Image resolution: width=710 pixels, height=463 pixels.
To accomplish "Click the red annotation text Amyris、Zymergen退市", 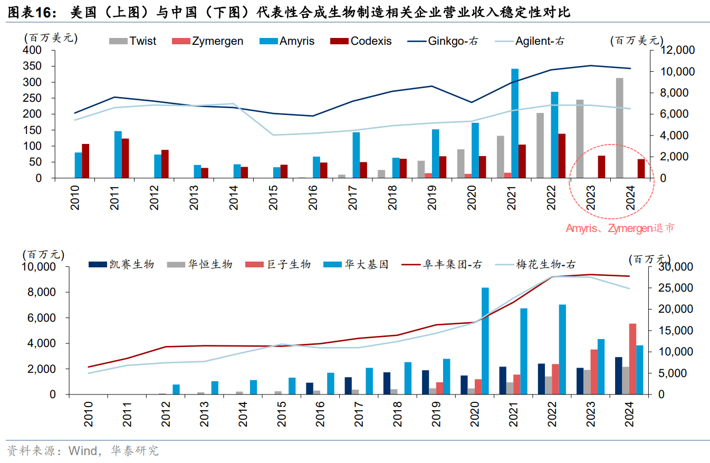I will [x=620, y=228].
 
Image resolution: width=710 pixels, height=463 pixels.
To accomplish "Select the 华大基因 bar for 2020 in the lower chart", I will [x=485, y=341].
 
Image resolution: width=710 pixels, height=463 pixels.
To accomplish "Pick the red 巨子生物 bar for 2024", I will [x=632, y=359].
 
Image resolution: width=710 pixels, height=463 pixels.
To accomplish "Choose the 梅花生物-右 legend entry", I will [x=545, y=264].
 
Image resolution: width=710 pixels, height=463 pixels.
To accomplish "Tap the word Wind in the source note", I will [x=84, y=451].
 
